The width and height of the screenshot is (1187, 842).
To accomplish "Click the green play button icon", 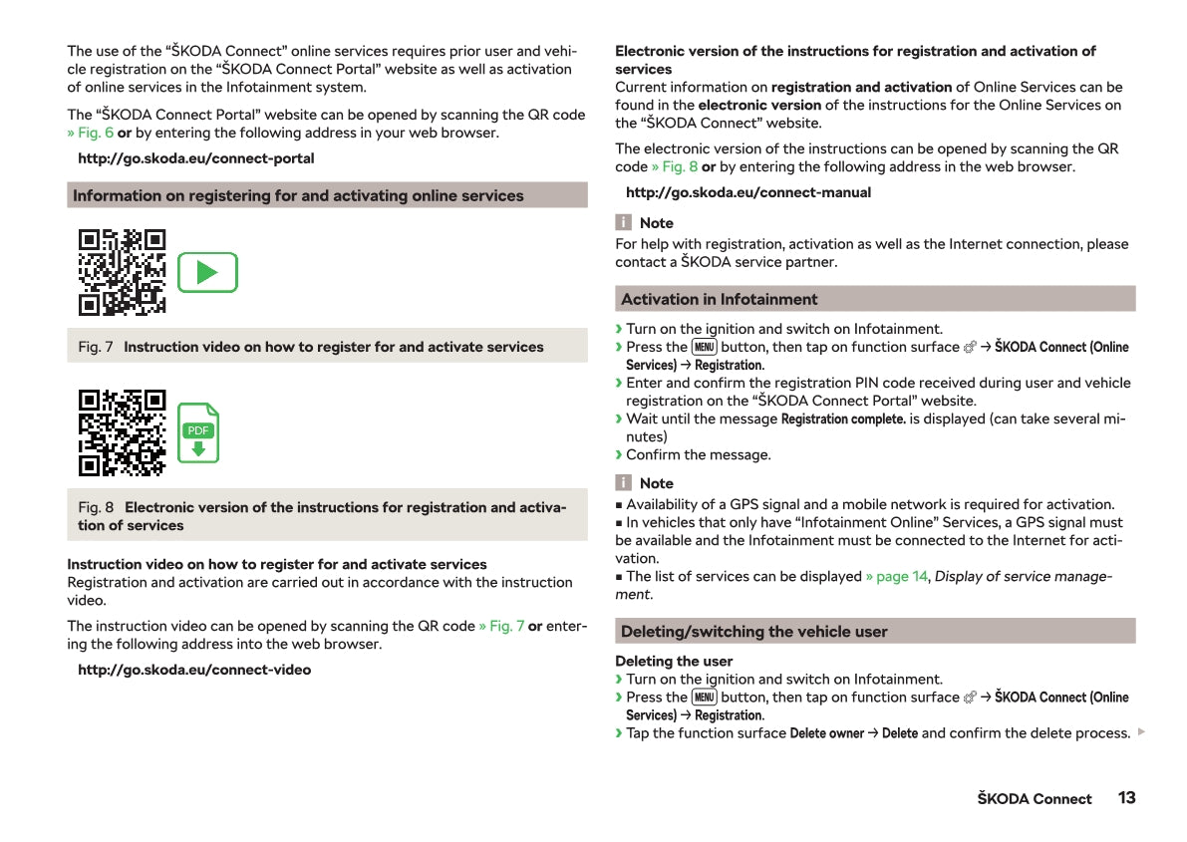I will [207, 272].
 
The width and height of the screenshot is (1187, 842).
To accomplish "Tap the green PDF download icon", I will [198, 433].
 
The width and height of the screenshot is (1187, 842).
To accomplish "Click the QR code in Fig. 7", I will [122, 272].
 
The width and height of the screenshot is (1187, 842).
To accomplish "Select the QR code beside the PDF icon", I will [122, 432].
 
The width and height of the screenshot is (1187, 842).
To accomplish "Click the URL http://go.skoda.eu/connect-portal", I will [195, 158].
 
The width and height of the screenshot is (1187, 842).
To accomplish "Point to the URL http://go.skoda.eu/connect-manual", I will [747, 192].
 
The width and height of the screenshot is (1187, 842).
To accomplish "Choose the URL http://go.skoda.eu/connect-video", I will [194, 670].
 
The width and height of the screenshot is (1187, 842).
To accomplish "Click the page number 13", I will [1126, 798].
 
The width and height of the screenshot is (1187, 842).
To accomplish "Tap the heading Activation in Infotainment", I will [719, 299].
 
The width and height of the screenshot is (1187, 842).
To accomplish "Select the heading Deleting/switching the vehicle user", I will [753, 632].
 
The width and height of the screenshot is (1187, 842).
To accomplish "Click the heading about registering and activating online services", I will [298, 195].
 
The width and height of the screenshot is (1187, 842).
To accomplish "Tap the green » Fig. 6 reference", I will [90, 133].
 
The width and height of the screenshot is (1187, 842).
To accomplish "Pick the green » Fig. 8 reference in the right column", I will [674, 166].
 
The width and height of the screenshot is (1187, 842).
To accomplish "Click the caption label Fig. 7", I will [95, 347].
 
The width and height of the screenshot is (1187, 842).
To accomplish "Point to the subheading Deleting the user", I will [674, 661].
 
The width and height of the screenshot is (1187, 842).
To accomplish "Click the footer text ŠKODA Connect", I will [1034, 799].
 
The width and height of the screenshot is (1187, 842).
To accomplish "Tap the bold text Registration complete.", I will [843, 419].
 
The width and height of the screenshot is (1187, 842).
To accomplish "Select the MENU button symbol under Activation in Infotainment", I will [704, 347].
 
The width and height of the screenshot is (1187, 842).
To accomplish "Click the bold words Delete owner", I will [826, 733].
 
